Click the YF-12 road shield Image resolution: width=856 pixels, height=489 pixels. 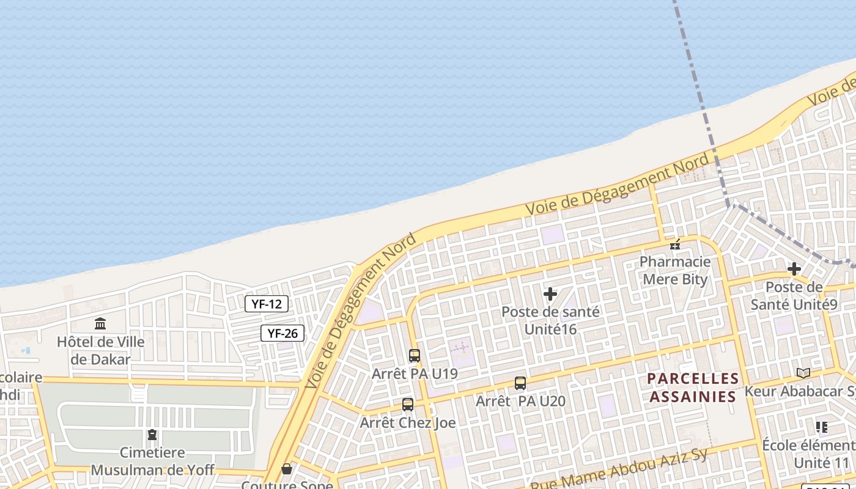click(267, 303)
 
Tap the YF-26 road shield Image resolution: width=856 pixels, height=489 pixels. click(282, 333)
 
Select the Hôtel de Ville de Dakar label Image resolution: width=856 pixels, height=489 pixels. click(101, 350)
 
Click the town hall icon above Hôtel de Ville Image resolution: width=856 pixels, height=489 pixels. click(100, 323)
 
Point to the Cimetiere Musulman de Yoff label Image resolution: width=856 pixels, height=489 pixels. click(153, 461)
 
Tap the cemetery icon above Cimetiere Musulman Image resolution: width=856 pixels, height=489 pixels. click(152, 435)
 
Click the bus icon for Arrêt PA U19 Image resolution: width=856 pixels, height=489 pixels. click(415, 355)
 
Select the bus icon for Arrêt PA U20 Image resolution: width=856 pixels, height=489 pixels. click(520, 383)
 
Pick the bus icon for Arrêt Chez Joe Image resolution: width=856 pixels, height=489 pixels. click(408, 404)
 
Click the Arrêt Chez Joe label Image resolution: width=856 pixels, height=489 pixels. click(408, 422)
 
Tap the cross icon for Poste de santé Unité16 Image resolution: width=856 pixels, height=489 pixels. click(550, 294)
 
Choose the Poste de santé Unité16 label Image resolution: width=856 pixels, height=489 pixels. click(550, 320)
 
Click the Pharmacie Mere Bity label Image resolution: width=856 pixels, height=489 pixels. click(675, 271)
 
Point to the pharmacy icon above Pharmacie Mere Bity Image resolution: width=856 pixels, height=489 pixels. click(675, 244)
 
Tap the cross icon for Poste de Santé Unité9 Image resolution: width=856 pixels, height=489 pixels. click(794, 268)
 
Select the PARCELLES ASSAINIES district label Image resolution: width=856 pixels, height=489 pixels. click(693, 388)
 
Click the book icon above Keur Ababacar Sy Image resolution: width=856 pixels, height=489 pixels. click(803, 373)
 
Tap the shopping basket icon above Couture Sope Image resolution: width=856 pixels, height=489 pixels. click(287, 469)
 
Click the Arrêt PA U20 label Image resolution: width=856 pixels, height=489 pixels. click(520, 402)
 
